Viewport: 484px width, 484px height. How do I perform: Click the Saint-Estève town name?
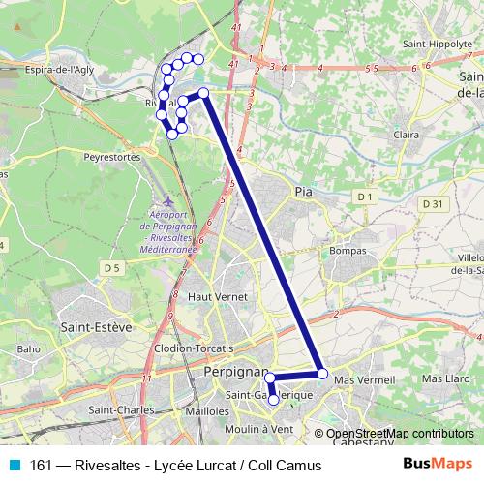(96, 327)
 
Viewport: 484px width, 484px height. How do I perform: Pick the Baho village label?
(28, 349)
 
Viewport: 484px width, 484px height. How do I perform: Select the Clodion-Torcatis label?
(194, 348)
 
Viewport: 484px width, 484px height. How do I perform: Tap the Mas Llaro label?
(444, 378)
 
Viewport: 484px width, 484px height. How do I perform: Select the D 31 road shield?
(433, 203)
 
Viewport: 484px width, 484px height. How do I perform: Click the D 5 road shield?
(112, 267)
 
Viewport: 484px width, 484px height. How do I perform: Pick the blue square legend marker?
(14, 466)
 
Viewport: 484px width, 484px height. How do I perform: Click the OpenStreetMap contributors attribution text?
(400, 434)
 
